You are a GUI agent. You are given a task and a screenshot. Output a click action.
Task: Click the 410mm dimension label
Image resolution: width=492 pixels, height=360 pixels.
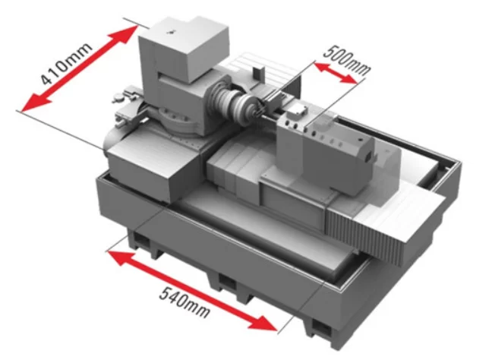(x=67, y=63)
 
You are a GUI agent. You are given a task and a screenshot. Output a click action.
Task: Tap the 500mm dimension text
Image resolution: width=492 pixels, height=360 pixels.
(x=347, y=60)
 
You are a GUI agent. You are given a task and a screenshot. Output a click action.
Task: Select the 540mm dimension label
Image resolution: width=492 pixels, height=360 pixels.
(x=184, y=302)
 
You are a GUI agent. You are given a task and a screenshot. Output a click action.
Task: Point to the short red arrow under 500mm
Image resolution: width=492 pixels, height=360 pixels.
(x=336, y=73)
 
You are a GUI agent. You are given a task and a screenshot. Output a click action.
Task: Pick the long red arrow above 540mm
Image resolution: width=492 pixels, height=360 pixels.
(x=193, y=291)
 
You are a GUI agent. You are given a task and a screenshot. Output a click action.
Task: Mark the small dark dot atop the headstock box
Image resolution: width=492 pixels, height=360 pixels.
(x=171, y=32)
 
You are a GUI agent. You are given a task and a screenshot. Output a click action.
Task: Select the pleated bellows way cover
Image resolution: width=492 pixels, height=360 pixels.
(x=364, y=232)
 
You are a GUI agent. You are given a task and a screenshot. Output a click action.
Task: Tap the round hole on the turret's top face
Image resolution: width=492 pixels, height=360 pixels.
(x=360, y=140)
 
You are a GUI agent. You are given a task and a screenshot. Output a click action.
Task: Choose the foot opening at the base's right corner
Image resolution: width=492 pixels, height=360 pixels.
(x=322, y=328)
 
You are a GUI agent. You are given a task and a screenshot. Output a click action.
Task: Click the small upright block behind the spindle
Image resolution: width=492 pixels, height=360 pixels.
(x=258, y=73)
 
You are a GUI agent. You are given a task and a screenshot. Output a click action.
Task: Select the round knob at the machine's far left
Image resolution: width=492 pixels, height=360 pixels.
(x=117, y=98)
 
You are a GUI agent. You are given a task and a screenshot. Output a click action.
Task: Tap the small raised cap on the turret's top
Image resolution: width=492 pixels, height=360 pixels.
(x=297, y=111)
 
